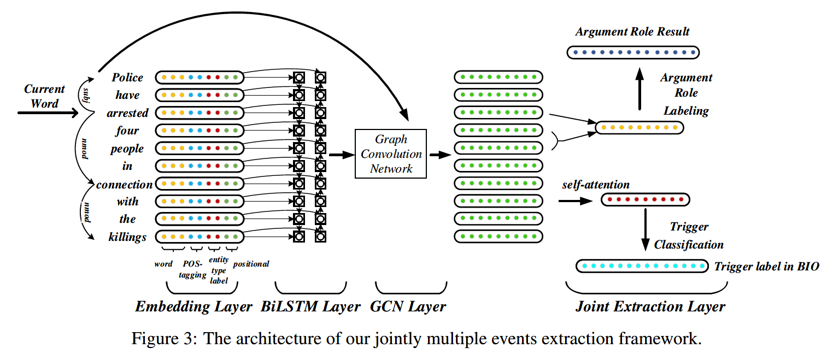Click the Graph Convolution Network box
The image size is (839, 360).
391,154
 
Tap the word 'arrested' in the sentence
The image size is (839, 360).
127,113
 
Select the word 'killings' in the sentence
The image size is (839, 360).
127,237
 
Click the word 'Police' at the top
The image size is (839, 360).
127,78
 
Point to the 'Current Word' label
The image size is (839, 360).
44,96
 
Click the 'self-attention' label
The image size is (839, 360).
596,185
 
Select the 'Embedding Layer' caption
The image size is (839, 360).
193,307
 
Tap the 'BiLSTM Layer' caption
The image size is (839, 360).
310,307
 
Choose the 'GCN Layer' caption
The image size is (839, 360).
408,307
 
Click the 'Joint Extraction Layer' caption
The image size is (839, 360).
650,307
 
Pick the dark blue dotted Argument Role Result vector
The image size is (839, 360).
632,52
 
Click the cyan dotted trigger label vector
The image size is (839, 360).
642,266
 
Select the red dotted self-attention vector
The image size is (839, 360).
645,200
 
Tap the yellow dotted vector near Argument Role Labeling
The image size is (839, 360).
638,128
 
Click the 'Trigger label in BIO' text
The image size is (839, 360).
767,267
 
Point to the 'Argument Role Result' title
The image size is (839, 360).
632,32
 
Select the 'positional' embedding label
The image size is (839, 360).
251,264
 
